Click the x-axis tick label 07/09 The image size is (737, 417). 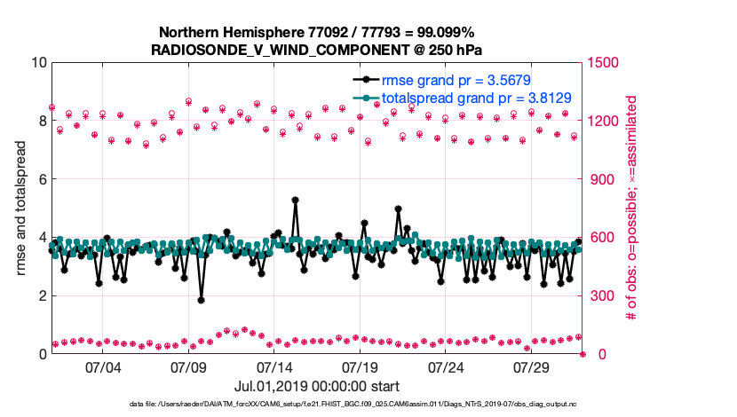coord(189,367)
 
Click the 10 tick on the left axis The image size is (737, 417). coord(39,63)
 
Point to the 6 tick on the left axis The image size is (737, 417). coord(43,179)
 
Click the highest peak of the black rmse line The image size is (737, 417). coord(295,200)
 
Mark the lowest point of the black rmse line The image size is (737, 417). coord(202,300)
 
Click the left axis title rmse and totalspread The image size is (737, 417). coord(22,208)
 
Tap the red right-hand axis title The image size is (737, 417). coord(633,208)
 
